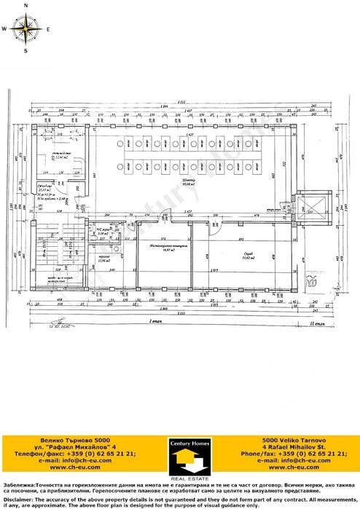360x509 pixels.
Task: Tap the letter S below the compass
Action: pos(26,52)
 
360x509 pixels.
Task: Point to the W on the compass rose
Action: pos(4,29)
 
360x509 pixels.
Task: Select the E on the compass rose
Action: pos(48,29)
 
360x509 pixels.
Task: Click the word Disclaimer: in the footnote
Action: pos(18,500)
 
